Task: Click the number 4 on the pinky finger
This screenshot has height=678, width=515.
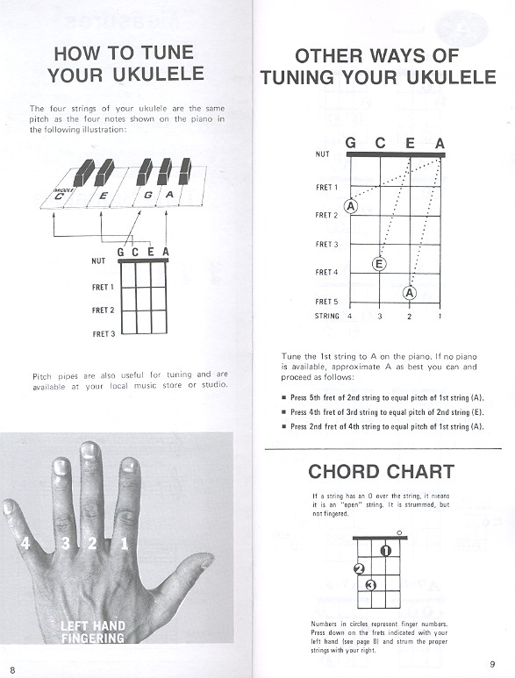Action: (x=25, y=544)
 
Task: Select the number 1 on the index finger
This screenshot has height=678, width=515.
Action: (x=124, y=544)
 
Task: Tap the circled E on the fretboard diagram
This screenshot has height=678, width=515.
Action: (x=379, y=263)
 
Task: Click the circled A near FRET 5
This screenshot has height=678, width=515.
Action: (x=409, y=293)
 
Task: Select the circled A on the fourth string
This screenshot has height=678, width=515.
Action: (x=351, y=206)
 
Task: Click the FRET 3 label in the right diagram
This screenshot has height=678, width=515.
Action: (x=326, y=244)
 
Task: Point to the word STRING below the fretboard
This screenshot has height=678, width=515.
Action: (x=328, y=315)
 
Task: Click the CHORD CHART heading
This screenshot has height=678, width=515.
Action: (x=382, y=472)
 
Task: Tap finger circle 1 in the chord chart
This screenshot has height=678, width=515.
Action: (x=385, y=551)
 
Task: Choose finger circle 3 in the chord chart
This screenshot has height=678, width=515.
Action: (x=370, y=584)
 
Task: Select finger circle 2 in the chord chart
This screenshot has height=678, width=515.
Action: (x=357, y=568)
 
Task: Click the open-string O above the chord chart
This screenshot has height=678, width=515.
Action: (x=399, y=532)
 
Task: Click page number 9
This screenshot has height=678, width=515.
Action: (x=492, y=663)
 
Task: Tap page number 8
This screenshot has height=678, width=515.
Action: (x=12, y=669)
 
